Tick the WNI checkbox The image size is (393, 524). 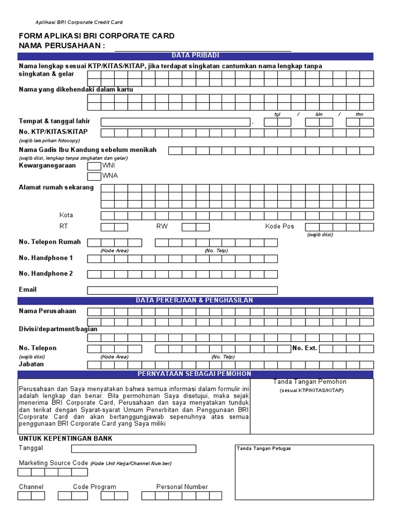(94, 166)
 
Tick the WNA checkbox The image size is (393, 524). (94, 176)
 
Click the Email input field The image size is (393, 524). (182, 290)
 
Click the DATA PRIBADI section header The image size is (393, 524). (195, 55)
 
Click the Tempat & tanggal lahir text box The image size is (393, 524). (176, 122)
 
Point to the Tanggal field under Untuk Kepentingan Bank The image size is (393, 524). (134, 449)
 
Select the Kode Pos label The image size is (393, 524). (279, 226)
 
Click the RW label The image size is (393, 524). (162, 226)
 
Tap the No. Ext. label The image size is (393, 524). (304, 348)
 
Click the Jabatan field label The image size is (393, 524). (31, 364)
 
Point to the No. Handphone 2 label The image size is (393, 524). (46, 273)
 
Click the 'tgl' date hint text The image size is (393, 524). (278, 115)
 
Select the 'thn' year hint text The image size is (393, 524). (360, 115)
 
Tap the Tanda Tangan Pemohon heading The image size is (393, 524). (310, 382)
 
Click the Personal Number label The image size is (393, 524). (182, 487)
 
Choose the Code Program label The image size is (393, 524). (95, 487)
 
